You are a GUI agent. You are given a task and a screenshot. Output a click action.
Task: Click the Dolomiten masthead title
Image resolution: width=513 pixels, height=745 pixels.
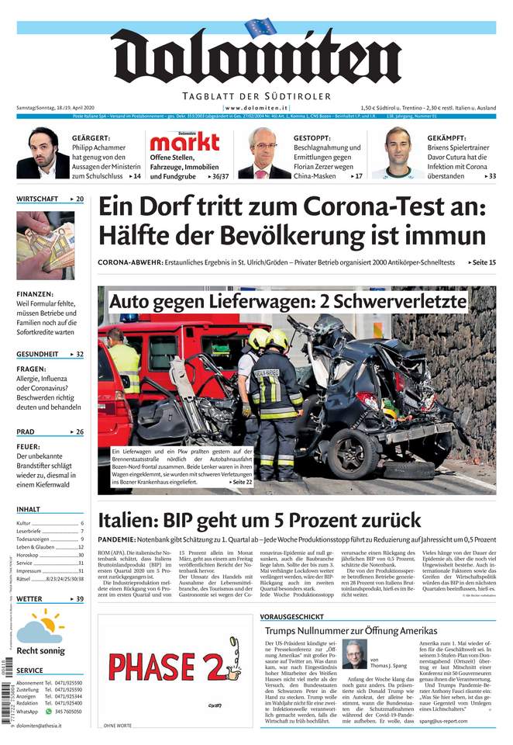point(256,57)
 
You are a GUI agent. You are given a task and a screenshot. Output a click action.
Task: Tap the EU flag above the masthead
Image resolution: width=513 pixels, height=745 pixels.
point(260,27)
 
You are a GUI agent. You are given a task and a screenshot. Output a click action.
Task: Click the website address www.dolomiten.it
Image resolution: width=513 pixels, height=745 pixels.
point(257,107)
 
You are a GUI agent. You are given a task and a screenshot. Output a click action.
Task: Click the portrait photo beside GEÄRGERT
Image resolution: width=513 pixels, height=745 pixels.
point(43,153)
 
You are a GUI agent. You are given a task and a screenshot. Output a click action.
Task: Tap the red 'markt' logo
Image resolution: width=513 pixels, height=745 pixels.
point(184,141)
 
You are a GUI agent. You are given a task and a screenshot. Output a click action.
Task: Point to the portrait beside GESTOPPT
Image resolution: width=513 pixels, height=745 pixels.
point(264,153)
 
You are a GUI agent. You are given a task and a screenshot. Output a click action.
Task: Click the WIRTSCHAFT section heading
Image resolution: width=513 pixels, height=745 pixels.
point(37,199)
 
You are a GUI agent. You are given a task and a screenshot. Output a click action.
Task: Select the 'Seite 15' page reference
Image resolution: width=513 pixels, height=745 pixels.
point(482,263)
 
